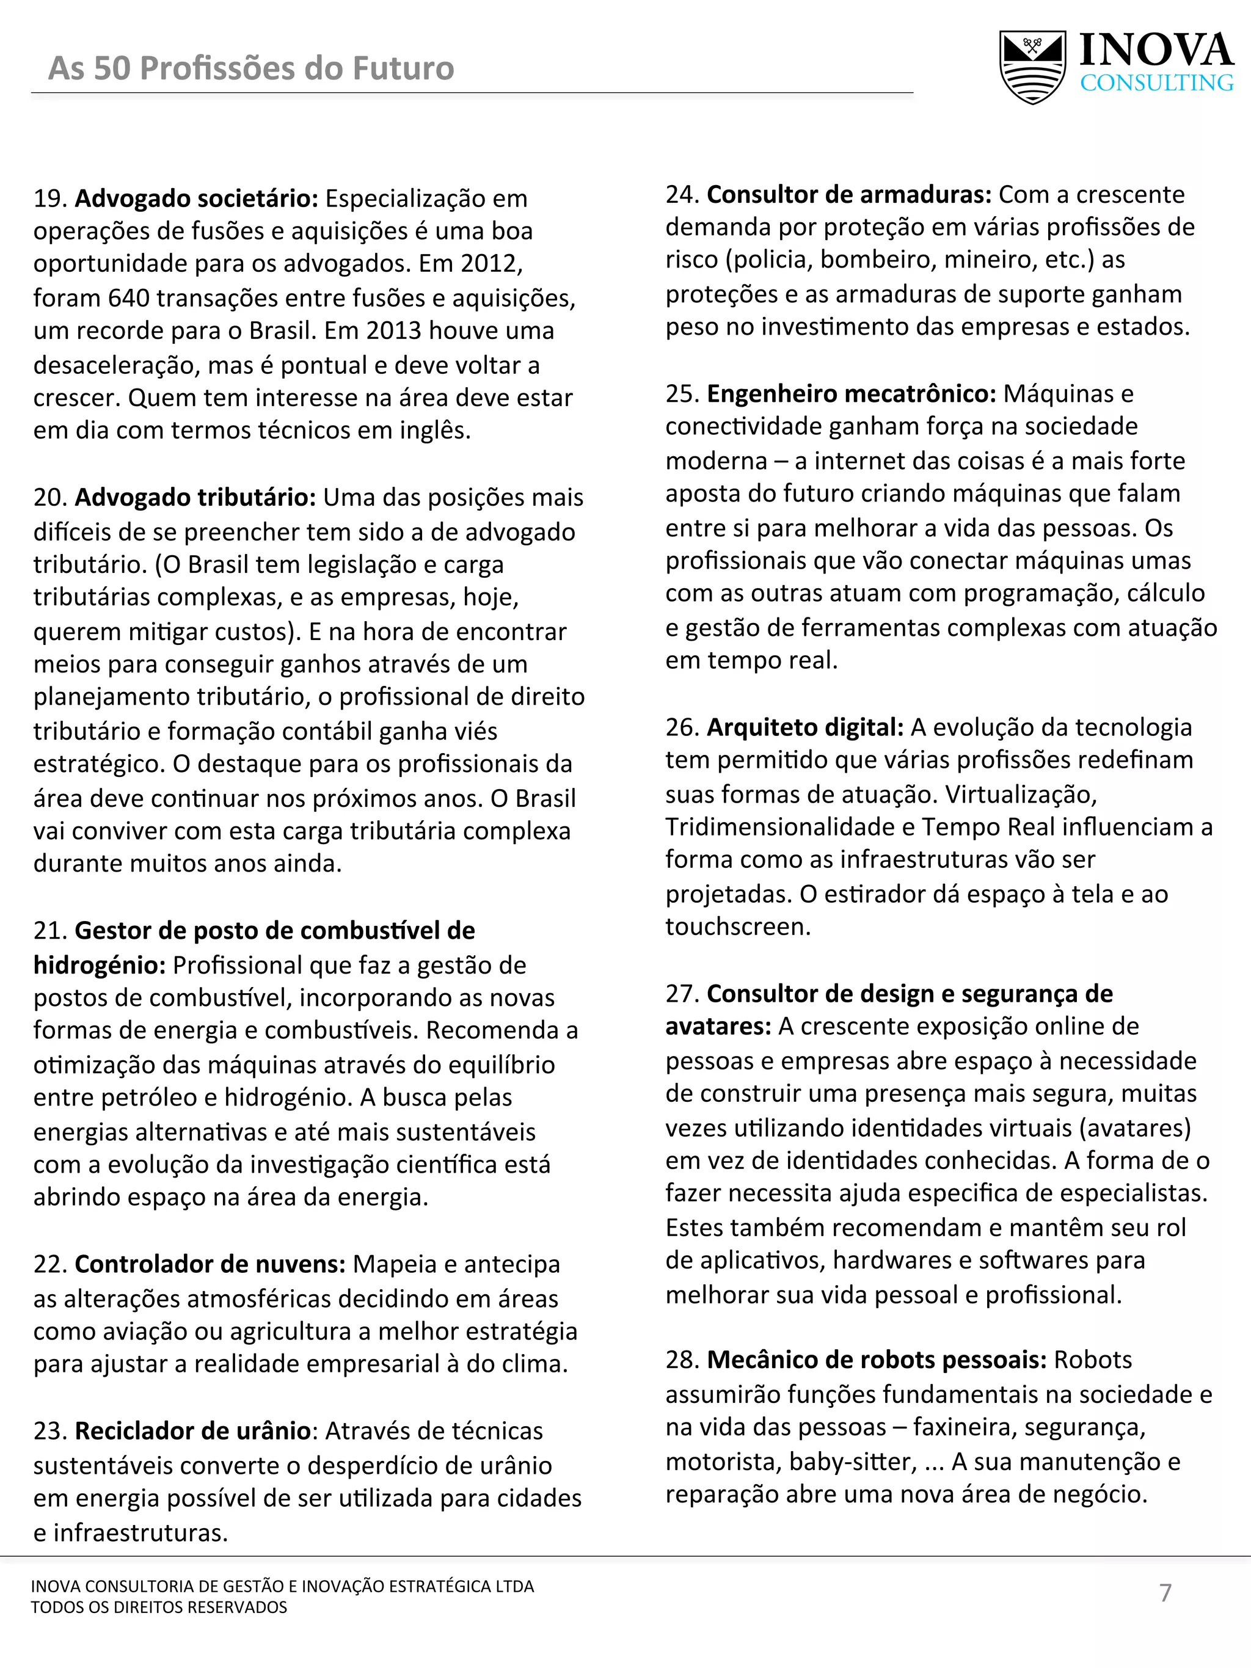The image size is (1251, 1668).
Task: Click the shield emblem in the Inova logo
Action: [x=1032, y=67]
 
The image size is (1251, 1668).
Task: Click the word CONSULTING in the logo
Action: [x=1157, y=83]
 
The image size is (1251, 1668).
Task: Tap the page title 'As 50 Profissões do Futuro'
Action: [x=251, y=68]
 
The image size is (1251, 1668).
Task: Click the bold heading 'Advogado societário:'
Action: [x=197, y=198]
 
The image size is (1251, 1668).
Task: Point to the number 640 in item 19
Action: [x=128, y=298]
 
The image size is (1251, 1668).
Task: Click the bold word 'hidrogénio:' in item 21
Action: [x=99, y=964]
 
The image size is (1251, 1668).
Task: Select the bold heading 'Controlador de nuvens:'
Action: [x=210, y=1264]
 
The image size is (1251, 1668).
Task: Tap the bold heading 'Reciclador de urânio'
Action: [x=192, y=1430]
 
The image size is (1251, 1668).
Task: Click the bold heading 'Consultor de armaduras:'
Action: [x=849, y=195]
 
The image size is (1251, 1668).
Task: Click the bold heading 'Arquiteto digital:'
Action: [x=804, y=727]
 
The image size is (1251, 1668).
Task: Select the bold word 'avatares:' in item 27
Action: [x=718, y=1026]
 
